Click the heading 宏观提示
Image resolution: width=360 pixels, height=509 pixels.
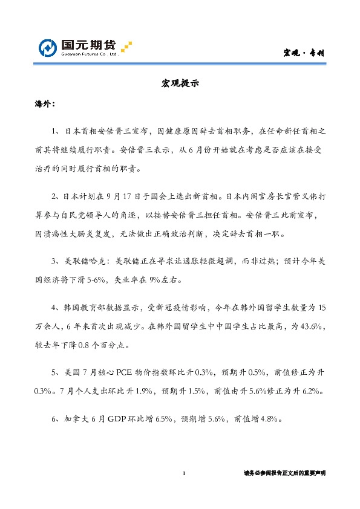179,84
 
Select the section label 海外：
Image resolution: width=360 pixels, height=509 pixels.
44,105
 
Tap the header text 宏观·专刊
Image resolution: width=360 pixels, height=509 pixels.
304,53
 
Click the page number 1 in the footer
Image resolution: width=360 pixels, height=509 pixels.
183,473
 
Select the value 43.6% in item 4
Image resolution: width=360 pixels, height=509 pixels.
313,326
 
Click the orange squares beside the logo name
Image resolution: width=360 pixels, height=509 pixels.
126,47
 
